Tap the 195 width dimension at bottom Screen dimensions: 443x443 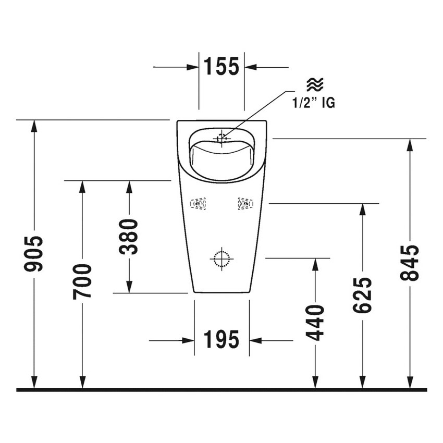(221, 340)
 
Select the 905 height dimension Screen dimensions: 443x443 (35, 254)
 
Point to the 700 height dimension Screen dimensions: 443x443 (82, 281)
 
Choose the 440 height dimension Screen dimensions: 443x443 (315, 323)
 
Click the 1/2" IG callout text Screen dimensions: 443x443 (313, 103)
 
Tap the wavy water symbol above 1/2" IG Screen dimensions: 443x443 (315, 84)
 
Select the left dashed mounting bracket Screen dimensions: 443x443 (198, 204)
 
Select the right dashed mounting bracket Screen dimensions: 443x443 (244, 204)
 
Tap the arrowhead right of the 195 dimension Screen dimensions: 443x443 (255, 341)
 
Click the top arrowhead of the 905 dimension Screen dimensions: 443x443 (35, 126)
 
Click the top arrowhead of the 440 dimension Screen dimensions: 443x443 (315, 264)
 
